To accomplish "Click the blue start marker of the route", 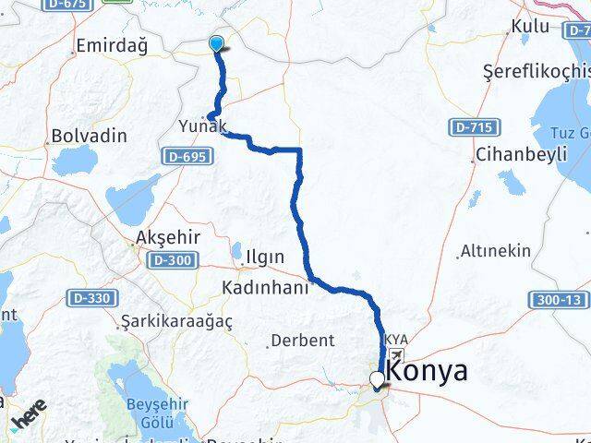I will (x=217, y=43).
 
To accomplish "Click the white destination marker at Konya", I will (x=377, y=379).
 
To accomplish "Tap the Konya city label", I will (x=428, y=371).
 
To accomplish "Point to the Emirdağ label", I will (x=113, y=45).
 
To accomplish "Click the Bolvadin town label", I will (x=90, y=136).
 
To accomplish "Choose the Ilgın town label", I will (x=265, y=256).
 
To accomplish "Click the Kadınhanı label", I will (x=265, y=288).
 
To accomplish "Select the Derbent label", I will (x=302, y=341).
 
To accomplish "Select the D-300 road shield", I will (x=173, y=261).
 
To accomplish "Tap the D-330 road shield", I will (x=92, y=298).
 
